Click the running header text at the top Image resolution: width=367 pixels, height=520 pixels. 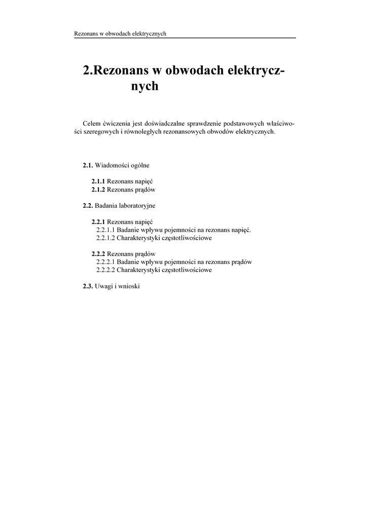[121, 34]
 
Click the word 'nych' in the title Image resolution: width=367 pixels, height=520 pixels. [145, 86]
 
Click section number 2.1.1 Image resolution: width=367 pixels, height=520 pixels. [98, 181]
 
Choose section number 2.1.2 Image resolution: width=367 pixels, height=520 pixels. [98, 189]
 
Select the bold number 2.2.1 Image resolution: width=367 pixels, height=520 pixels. [98, 222]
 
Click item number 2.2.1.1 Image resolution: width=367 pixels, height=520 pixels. [105, 230]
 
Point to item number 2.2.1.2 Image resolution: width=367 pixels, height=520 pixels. [105, 238]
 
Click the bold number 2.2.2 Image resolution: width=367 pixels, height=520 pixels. [98, 254]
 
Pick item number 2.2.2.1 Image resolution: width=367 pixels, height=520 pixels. [105, 262]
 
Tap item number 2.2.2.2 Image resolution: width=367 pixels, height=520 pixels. [105, 270]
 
